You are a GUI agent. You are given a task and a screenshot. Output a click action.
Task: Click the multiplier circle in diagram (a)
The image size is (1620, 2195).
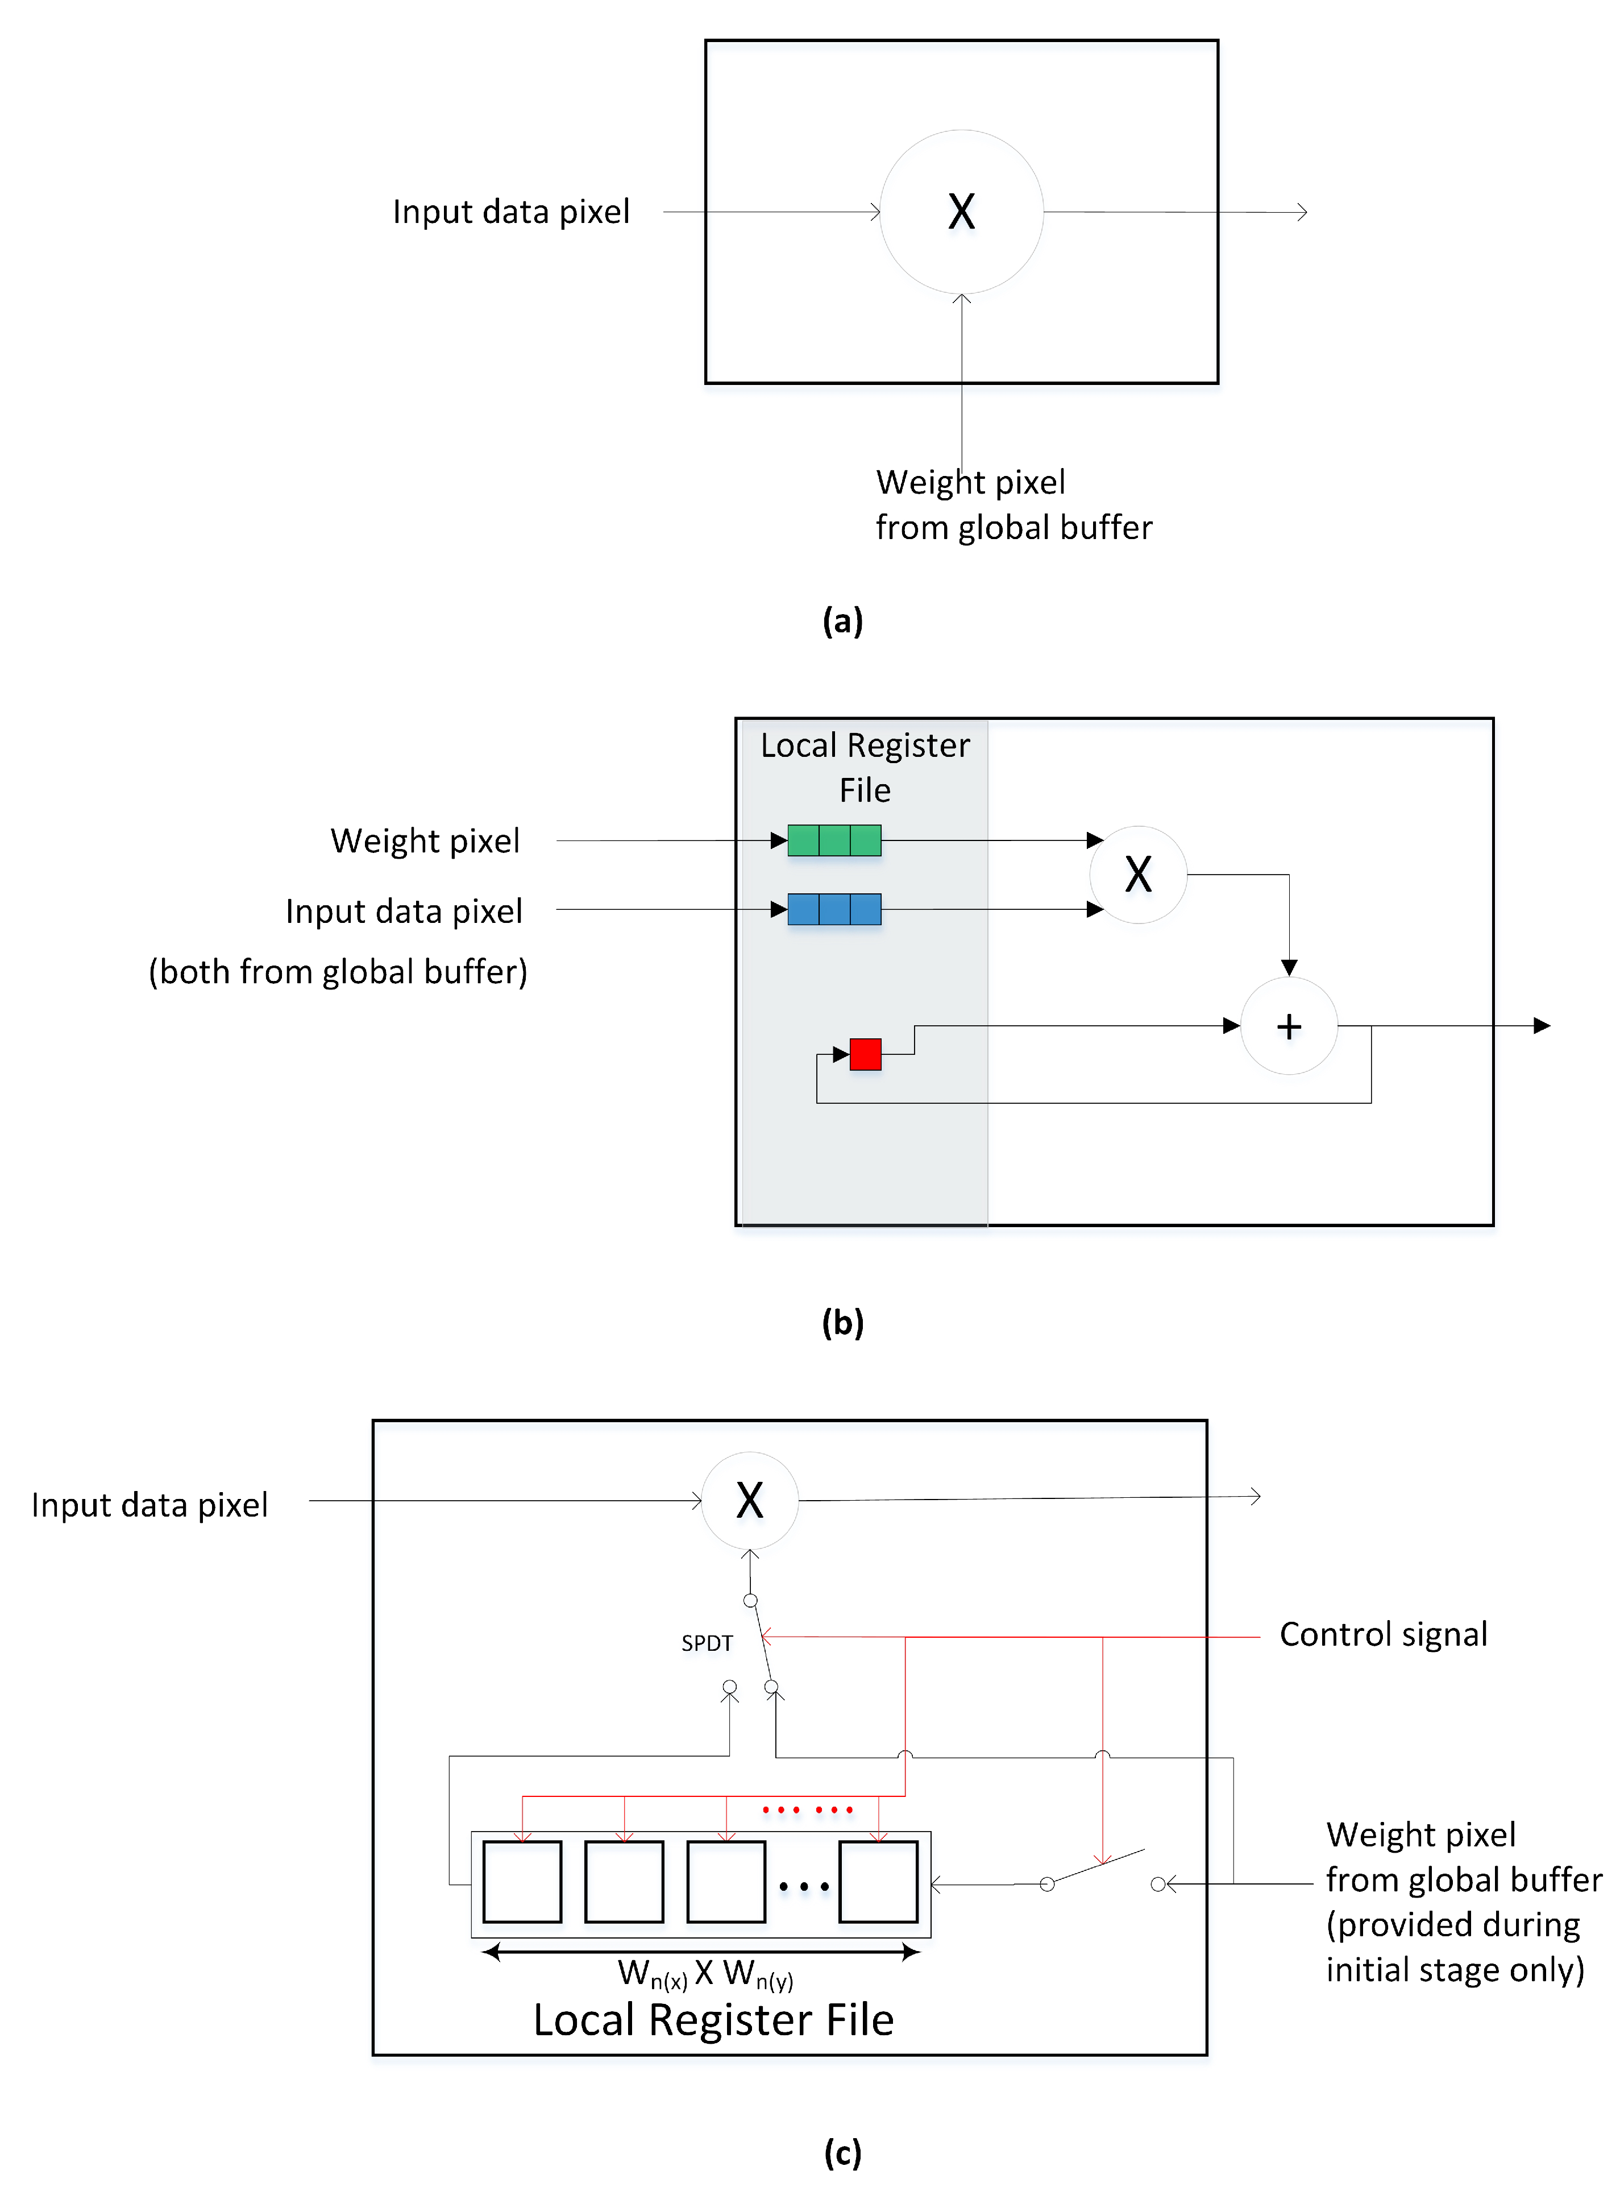coord(961,212)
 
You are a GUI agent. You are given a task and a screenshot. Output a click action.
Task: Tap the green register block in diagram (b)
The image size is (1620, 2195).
coord(833,840)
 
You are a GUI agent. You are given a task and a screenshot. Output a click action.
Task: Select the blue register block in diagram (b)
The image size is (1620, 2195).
coord(833,909)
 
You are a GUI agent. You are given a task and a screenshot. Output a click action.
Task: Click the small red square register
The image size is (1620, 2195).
coord(865,1054)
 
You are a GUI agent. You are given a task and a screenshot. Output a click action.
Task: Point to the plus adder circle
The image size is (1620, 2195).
coord(1289,1026)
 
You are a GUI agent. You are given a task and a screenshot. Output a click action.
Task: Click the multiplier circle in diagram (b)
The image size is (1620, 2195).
coord(1137,874)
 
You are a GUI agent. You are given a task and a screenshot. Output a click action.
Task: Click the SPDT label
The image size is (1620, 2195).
coord(707,1643)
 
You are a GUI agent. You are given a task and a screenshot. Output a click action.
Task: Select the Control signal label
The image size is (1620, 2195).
coord(1383,1634)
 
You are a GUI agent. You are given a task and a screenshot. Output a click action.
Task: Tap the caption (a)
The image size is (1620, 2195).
coord(842,621)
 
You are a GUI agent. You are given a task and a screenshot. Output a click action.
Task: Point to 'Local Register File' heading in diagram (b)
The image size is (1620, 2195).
coord(865,767)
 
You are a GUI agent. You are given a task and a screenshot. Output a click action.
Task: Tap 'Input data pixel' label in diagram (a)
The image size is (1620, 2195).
coord(511,212)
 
